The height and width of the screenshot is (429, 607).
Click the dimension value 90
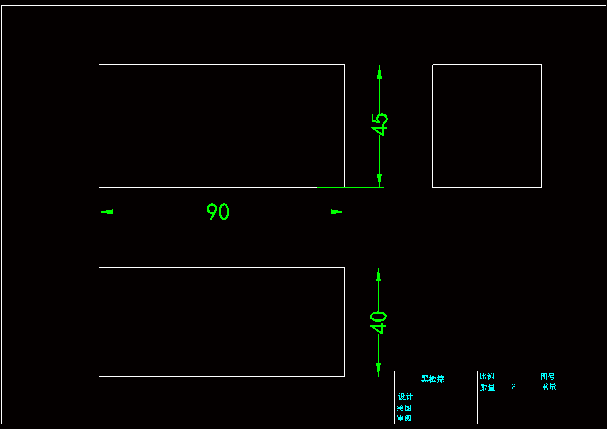coord(218,212)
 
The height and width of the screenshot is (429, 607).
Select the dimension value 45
coord(379,124)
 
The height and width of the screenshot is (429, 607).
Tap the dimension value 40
coord(378,322)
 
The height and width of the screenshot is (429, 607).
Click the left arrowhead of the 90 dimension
coord(106,212)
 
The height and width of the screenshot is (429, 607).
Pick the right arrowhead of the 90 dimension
coord(338,212)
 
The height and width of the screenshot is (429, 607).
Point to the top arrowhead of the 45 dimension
coord(379,72)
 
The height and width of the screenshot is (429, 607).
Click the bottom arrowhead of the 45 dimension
coord(379,181)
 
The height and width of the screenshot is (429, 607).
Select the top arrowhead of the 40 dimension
coord(379,275)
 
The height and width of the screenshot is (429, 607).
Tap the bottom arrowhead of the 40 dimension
coord(379,370)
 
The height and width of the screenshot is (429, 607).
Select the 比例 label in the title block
coord(487,376)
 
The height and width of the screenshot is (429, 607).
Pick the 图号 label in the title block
coord(548,376)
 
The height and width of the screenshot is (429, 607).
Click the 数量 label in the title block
coord(488,387)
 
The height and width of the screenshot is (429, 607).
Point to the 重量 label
coord(549,387)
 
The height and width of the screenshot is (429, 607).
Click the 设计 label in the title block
coord(406,397)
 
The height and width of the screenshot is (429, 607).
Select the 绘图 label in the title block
coord(404,408)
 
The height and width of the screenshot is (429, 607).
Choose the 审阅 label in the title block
coord(404,418)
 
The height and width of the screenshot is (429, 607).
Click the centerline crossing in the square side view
coord(487,126)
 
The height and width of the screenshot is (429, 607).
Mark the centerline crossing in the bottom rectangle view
coord(220,322)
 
